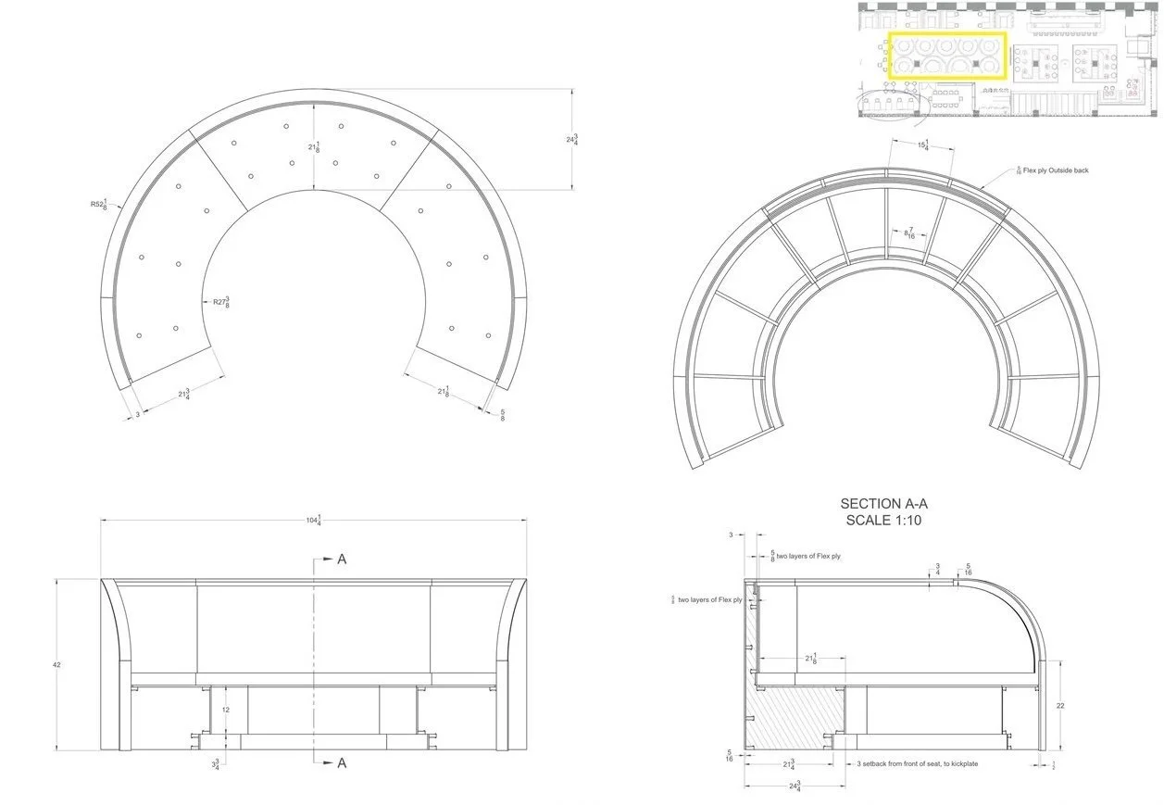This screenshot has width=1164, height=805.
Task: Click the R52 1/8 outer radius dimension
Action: click(x=99, y=204)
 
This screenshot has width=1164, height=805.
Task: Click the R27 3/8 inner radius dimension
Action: click(x=219, y=301)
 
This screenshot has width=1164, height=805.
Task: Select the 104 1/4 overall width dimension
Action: click(x=313, y=521)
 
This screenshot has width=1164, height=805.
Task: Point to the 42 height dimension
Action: click(x=56, y=665)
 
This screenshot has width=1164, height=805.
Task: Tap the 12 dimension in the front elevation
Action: click(x=225, y=710)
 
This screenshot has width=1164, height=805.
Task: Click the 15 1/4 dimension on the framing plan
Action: click(x=921, y=145)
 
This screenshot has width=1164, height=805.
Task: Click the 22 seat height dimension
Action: click(x=1060, y=706)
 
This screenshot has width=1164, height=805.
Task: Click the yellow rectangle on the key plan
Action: click(x=946, y=55)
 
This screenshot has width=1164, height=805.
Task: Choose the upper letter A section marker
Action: click(x=342, y=560)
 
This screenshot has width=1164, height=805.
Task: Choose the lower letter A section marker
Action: click(x=342, y=762)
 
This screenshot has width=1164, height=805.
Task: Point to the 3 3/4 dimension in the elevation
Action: click(x=216, y=765)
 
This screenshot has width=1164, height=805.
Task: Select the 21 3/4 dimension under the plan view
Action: click(x=183, y=396)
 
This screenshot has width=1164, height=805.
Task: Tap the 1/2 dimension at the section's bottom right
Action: click(x=1055, y=765)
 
